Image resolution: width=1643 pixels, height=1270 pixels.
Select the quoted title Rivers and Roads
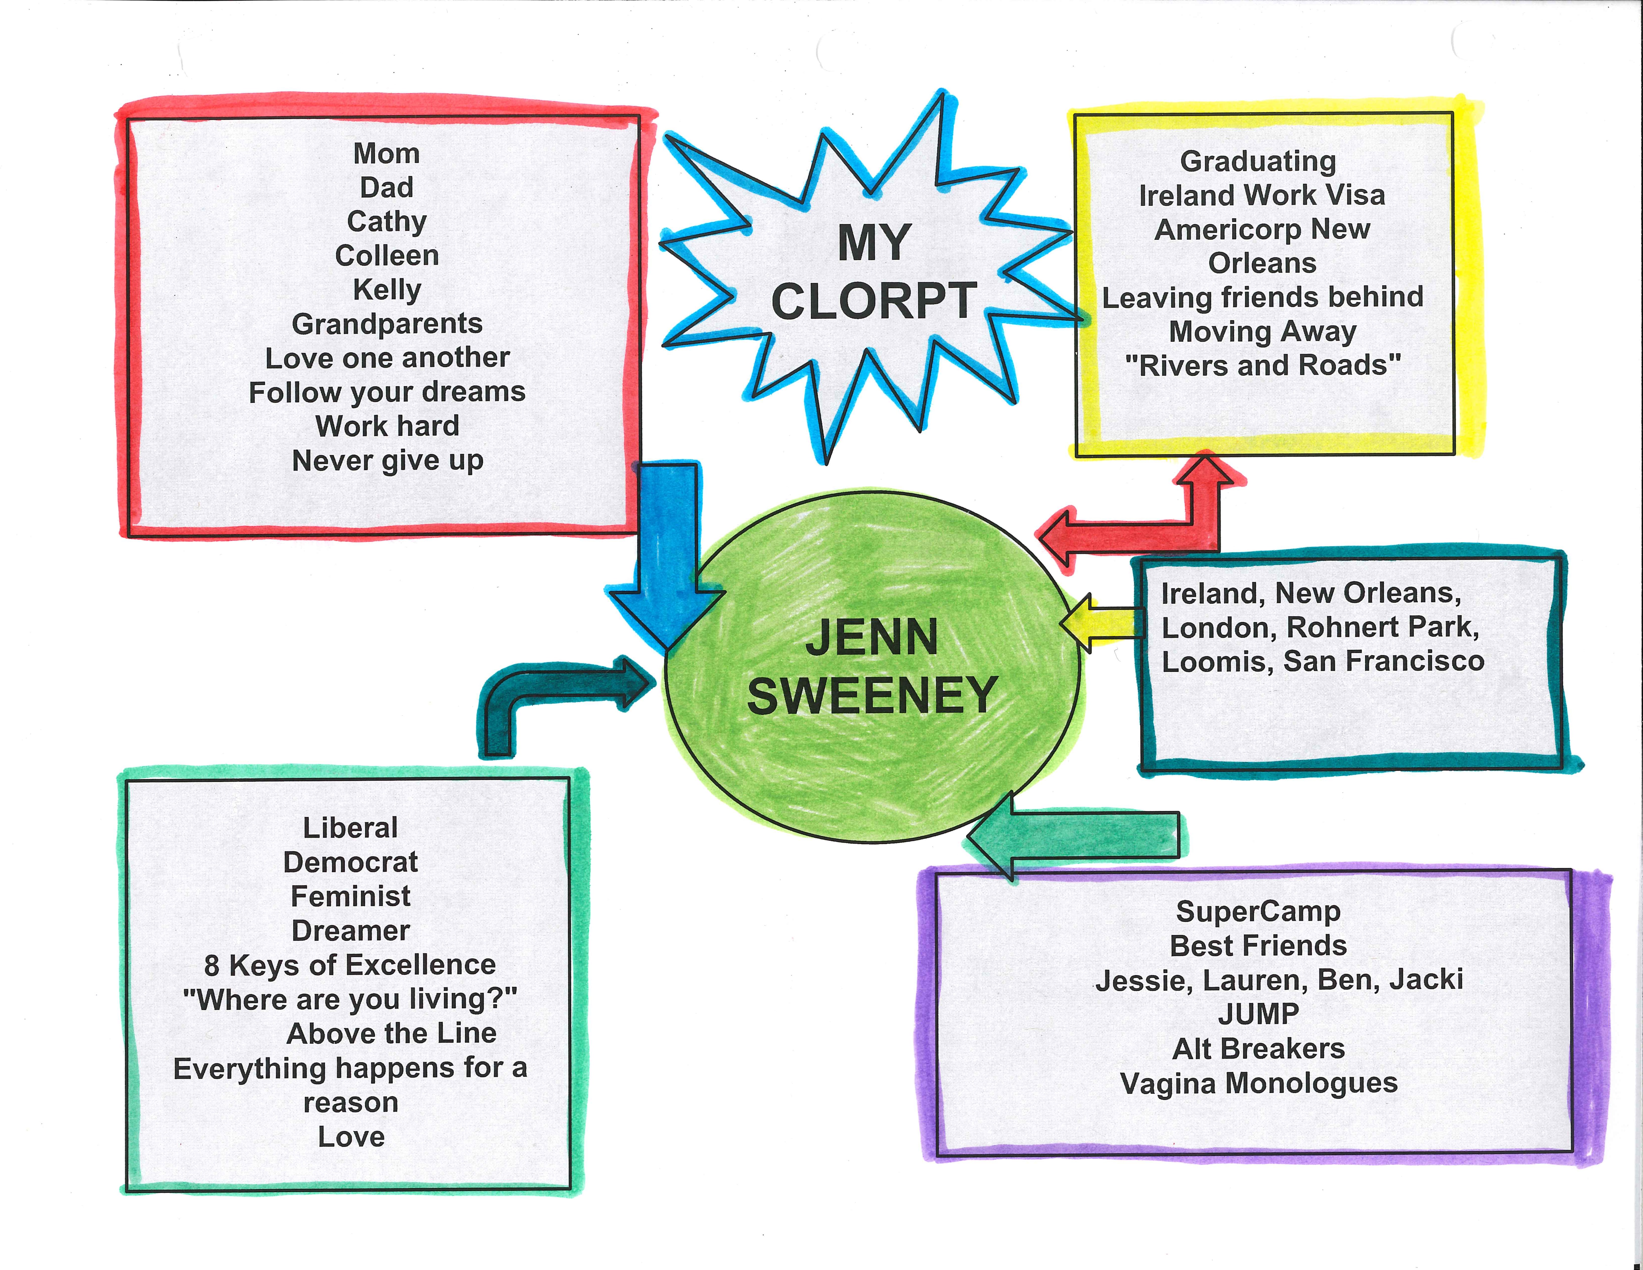point(1262,366)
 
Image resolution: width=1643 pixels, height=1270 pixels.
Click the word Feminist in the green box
point(351,896)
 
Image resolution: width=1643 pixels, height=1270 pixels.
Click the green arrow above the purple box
point(1076,835)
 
